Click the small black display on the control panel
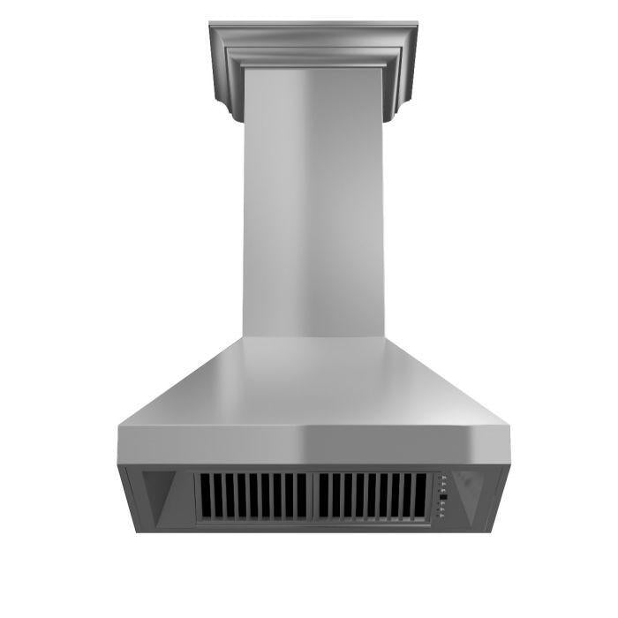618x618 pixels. click(x=443, y=496)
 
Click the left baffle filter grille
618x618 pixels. click(x=253, y=496)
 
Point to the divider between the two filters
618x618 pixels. click(x=313, y=496)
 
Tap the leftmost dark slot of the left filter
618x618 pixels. click(x=203, y=496)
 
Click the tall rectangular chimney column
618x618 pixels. click(x=313, y=203)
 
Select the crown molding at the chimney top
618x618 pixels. click(x=313, y=44)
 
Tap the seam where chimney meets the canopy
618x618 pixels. click(x=313, y=336)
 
